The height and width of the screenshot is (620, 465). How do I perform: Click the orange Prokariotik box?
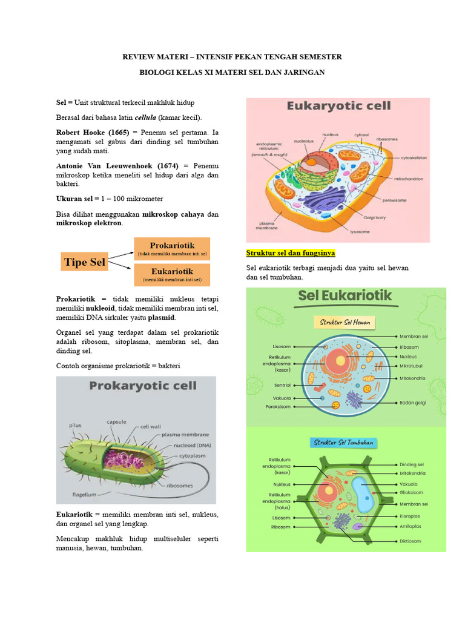(172, 248)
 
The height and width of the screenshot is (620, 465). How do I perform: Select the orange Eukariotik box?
(172, 274)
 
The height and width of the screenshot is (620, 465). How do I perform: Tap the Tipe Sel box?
(84, 262)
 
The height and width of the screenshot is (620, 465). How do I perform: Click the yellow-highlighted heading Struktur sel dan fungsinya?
(291, 252)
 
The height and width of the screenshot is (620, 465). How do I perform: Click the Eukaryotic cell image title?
(338, 107)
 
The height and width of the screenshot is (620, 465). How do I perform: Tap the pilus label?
(74, 426)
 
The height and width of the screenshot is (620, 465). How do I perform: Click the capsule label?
(116, 421)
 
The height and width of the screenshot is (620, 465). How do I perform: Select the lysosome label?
(345, 230)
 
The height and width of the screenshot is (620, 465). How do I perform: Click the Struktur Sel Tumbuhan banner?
(344, 443)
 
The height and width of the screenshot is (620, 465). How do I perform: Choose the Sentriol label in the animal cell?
(282, 384)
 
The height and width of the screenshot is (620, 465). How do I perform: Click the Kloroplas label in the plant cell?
(410, 516)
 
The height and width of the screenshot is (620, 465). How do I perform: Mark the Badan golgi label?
(412, 403)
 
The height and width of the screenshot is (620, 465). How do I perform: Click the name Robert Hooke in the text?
(81, 131)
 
